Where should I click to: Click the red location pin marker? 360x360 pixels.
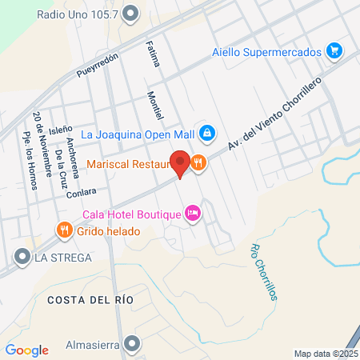[181, 163]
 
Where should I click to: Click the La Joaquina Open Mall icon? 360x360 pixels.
[206, 132]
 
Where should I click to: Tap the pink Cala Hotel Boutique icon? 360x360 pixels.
[192, 214]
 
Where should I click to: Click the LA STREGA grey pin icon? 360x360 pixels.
[21, 257]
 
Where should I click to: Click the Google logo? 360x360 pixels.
[26, 350]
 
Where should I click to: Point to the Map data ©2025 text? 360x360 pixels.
[326, 353]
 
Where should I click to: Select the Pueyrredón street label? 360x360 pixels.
[98, 65]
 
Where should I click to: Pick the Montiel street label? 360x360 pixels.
[154, 108]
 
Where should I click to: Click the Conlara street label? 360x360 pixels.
[83, 192]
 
